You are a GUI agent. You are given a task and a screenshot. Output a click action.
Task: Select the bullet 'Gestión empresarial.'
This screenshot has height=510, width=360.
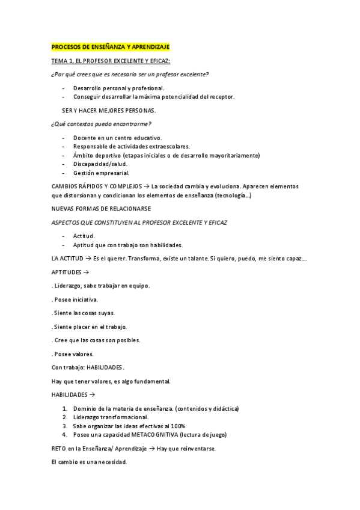point(102,173)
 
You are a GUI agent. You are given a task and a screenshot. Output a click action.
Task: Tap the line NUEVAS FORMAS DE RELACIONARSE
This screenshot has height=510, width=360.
point(102,209)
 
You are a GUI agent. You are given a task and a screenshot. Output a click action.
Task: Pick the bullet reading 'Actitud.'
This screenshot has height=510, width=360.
point(84,236)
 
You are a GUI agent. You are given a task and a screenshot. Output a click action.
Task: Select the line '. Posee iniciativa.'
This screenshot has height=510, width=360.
point(76,299)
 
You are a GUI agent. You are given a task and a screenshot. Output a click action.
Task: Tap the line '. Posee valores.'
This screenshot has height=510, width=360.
point(73,354)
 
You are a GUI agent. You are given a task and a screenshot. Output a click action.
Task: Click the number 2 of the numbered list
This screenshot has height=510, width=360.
point(64,417)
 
